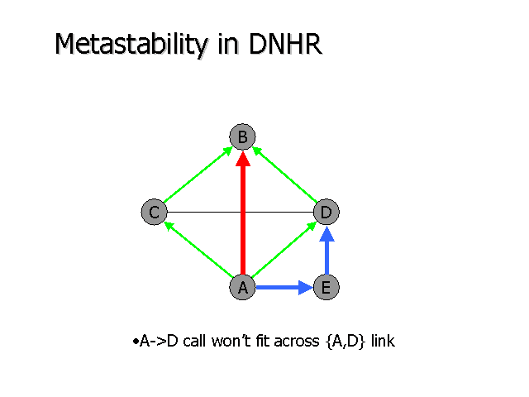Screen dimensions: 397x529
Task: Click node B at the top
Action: pos(242,136)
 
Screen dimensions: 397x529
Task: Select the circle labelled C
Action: pos(153,213)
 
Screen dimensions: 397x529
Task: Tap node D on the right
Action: pos(326,213)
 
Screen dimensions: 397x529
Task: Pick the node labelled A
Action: pos(242,287)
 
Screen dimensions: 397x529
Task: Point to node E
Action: pos(326,287)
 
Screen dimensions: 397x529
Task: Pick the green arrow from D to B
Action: pos(285,175)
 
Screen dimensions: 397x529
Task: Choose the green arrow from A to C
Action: pos(198,250)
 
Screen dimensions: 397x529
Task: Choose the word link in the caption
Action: pos(383,340)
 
